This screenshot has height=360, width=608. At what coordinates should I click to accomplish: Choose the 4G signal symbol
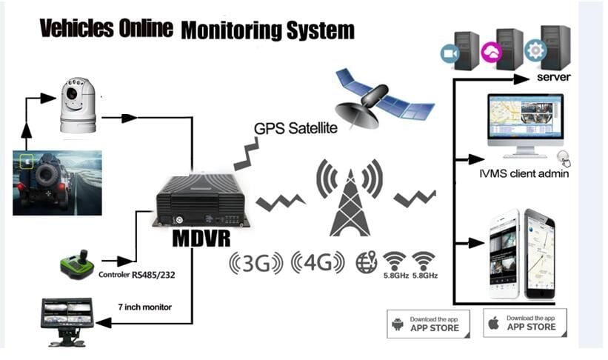(x=319, y=263)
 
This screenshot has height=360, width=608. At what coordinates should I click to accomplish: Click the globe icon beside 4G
(x=366, y=262)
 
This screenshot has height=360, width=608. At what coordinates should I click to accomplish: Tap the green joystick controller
(x=76, y=262)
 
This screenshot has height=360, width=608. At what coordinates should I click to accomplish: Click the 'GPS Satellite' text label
(x=295, y=127)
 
